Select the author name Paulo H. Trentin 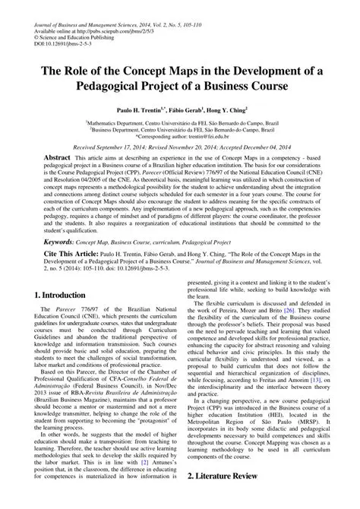point(141,110)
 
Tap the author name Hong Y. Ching point(222,110)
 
